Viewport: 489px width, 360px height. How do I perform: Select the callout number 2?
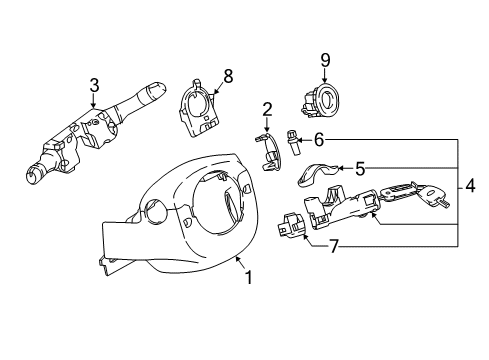pos(267,110)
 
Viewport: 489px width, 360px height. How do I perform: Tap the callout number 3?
pos(94,87)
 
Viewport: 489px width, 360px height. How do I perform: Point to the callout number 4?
pos(470,187)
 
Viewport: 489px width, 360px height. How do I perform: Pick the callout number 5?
pos(361,169)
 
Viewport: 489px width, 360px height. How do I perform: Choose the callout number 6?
pos(319,140)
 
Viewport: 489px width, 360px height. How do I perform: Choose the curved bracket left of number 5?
pos(320,174)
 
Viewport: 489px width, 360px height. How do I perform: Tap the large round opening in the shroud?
pos(218,206)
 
